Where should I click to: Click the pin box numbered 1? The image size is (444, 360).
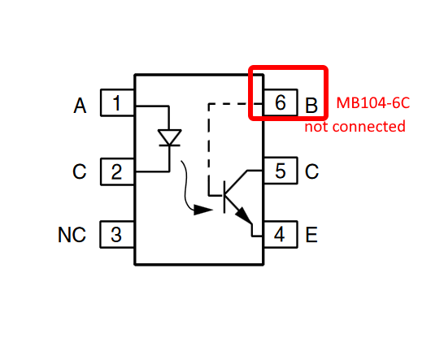(x=118, y=102)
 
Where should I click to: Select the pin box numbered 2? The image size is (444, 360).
(x=118, y=171)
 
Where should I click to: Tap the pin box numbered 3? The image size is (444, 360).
(x=118, y=234)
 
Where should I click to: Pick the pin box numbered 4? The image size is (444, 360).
(x=281, y=234)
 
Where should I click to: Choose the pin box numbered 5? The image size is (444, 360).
(x=281, y=171)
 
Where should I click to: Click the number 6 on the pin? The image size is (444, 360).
(x=281, y=102)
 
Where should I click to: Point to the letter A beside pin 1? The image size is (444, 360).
(x=80, y=106)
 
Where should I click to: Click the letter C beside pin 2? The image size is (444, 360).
(x=80, y=171)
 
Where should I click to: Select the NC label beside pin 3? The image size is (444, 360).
(x=72, y=235)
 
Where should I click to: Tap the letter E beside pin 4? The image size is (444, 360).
(x=311, y=235)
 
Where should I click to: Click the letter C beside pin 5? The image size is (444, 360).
(x=311, y=171)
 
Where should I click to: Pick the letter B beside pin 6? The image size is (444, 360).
(x=311, y=106)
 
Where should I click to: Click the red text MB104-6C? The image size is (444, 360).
(x=373, y=102)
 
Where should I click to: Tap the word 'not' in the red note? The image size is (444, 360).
(x=316, y=127)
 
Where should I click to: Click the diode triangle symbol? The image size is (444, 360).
(x=169, y=137)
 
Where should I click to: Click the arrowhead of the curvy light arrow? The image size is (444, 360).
(x=203, y=210)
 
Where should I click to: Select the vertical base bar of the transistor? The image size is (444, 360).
(x=224, y=197)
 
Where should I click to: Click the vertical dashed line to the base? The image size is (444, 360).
(x=209, y=150)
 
